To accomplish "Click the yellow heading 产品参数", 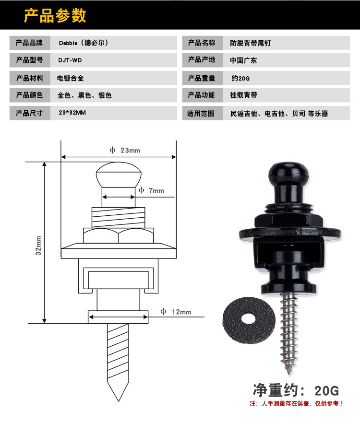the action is pos(55,16).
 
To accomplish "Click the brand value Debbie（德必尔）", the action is pos(84,43).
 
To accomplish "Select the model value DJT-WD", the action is pos(70,60).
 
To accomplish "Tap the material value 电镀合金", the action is pos(71,78).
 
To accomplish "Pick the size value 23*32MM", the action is pos(72,113).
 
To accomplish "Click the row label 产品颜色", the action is pos(29,95).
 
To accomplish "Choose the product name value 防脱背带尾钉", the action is pos(251,43).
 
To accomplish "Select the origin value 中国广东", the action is pos(243,60).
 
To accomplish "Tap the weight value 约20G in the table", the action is pos(240,78).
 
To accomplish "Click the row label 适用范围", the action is pos(201,114).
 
